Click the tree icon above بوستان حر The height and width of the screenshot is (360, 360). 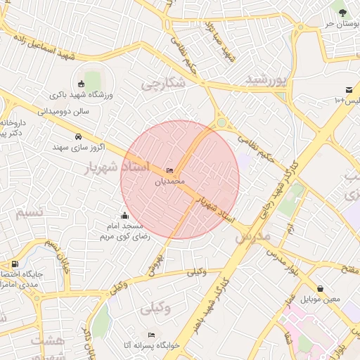point(342,11)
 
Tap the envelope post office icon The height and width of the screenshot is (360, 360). point(349,89)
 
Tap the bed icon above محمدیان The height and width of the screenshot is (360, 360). point(169,171)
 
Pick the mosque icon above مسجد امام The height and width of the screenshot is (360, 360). point(125,215)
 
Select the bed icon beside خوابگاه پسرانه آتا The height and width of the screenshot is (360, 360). point(151,335)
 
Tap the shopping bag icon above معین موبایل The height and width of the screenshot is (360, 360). point(321,288)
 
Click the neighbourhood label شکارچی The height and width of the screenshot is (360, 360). point(163,84)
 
